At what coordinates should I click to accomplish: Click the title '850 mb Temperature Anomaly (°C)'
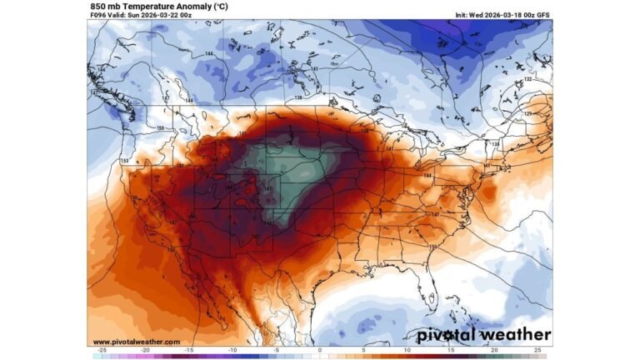pyautogui.click(x=149, y=5)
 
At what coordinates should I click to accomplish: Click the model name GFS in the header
pyautogui.click(x=541, y=14)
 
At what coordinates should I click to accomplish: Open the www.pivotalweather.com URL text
pyautogui.click(x=135, y=342)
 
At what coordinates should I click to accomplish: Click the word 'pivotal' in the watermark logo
pyautogui.click(x=451, y=334)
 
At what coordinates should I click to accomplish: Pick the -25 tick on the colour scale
pyautogui.click(x=102, y=351)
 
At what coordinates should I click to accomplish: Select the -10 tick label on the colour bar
pyautogui.click(x=232, y=351)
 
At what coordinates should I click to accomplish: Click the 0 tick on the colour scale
pyautogui.click(x=320, y=351)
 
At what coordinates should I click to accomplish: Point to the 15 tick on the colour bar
pyautogui.click(x=451, y=351)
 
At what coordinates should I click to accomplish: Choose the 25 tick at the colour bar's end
pyautogui.click(x=537, y=351)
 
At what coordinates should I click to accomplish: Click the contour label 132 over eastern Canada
pyautogui.click(x=527, y=79)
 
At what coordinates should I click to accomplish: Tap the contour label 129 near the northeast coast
pyautogui.click(x=527, y=112)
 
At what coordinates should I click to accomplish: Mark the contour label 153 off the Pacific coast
pyautogui.click(x=124, y=161)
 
